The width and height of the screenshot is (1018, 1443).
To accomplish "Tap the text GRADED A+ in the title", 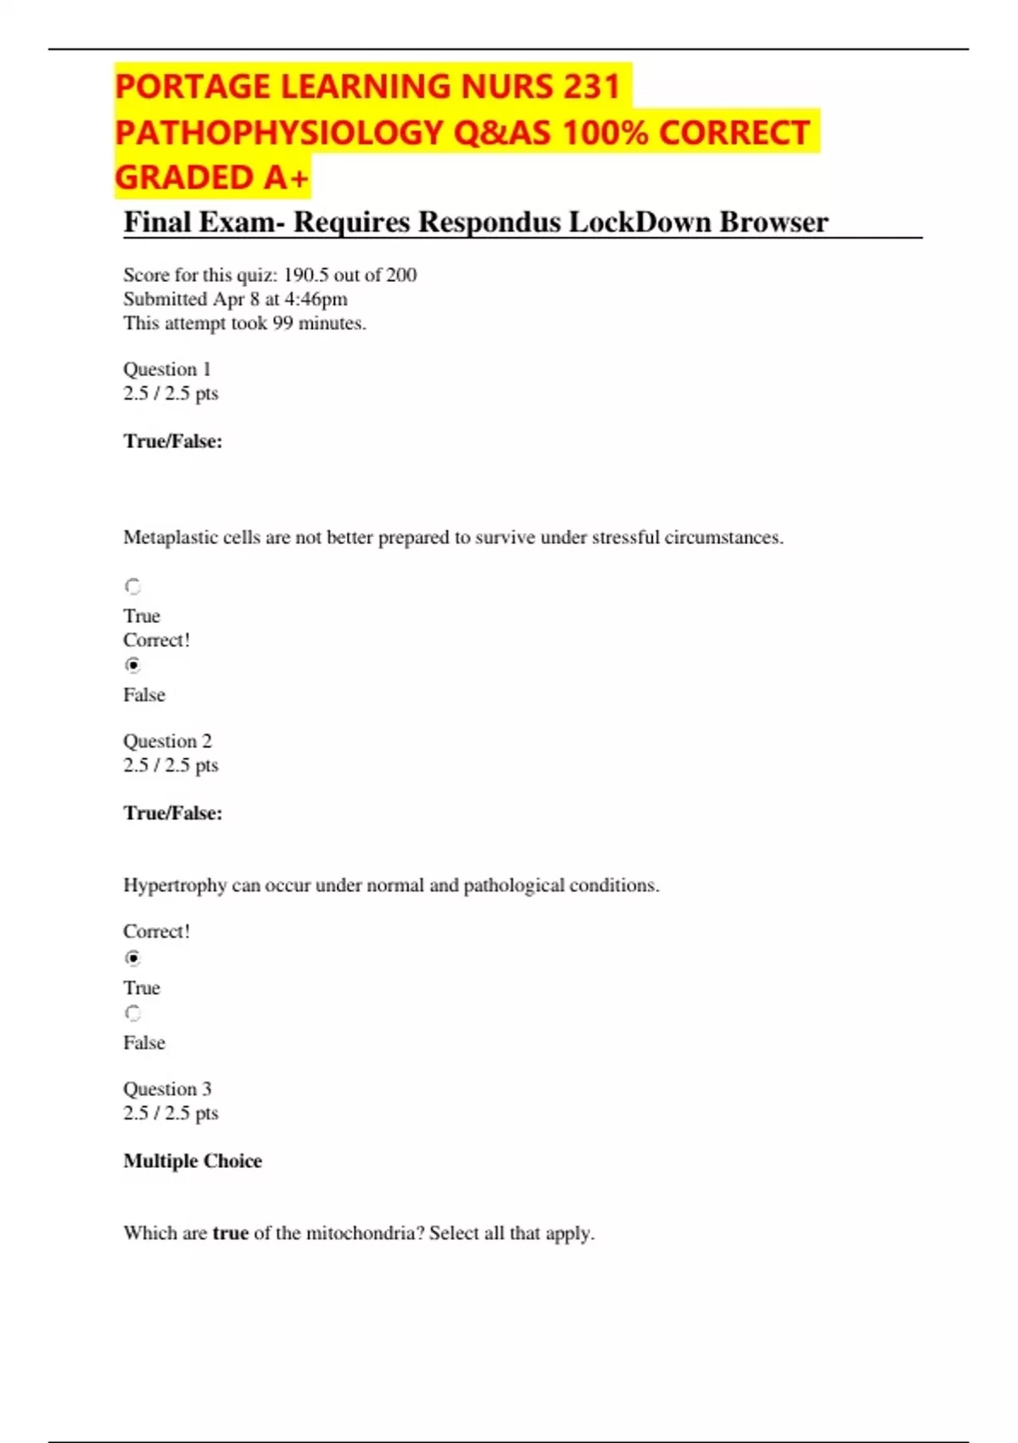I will pyautogui.click(x=211, y=177).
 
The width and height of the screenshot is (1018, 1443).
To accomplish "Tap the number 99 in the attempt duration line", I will pyautogui.click(x=282, y=323).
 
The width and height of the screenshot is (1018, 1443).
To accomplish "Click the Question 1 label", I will pyautogui.click(x=167, y=369).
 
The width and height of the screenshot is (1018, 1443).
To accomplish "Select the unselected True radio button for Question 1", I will pyautogui.click(x=133, y=587).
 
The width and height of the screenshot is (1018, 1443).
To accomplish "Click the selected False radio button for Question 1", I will pyautogui.click(x=133, y=665).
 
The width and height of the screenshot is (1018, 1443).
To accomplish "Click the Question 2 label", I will pyautogui.click(x=167, y=741).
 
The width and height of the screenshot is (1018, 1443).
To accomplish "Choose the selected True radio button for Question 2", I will pyautogui.click(x=133, y=958).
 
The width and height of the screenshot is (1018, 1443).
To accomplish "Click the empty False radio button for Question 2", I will pyautogui.click(x=133, y=1013).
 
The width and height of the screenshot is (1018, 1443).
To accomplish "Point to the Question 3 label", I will pyautogui.click(x=167, y=1089).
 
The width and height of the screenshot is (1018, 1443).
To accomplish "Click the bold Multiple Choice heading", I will pyautogui.click(x=193, y=1161).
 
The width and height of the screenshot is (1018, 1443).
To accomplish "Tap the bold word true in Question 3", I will pyautogui.click(x=230, y=1233).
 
